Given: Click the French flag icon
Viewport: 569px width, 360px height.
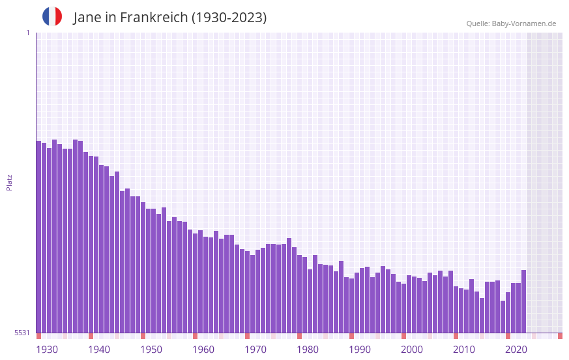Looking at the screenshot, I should [52, 16].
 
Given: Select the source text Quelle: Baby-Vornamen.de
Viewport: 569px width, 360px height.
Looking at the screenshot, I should [511, 23].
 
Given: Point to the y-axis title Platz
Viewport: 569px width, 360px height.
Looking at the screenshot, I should [9, 182].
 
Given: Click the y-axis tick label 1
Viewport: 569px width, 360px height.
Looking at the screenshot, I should [27, 33].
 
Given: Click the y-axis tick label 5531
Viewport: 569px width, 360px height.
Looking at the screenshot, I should [22, 333].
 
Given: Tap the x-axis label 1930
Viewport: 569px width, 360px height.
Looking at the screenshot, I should [47, 350].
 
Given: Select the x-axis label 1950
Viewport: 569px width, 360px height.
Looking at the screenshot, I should [151, 350].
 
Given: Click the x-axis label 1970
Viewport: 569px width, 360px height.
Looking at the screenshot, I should [255, 350].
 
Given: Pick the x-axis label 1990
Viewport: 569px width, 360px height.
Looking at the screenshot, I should [360, 350].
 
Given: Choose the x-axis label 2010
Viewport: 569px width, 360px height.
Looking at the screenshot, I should [464, 350].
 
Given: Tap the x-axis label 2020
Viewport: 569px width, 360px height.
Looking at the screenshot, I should [516, 350].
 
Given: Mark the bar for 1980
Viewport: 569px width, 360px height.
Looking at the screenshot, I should [299, 294].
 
